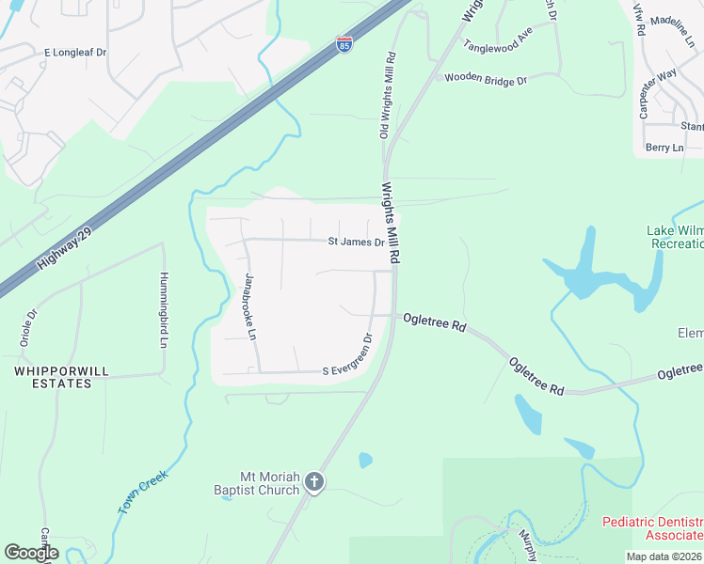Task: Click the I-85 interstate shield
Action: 345,44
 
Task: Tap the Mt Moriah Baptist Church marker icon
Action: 315,483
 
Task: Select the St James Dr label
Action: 356,243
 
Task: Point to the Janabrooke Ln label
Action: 250,306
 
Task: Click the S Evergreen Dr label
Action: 347,359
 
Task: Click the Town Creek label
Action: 143,491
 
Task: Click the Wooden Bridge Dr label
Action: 486,81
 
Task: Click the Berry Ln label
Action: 664,148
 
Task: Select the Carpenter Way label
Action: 658,93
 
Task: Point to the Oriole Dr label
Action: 27,328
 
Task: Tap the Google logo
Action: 31,553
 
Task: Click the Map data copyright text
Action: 664,556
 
